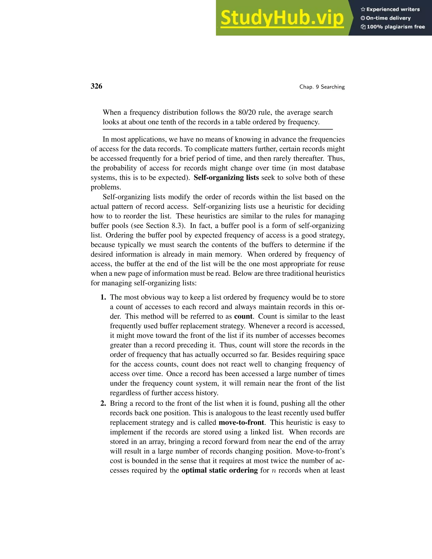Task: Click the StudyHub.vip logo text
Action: coord(282,18)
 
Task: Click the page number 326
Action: coord(96,86)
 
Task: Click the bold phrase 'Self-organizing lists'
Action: coord(226,178)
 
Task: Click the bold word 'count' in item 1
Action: coord(243,316)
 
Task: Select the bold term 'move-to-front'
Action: coord(241,422)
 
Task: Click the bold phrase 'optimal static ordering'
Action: coord(220,470)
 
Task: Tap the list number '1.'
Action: coord(103,297)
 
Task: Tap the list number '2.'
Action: coord(103,403)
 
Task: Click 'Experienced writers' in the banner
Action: coord(393,9)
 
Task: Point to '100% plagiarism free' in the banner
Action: coord(396,27)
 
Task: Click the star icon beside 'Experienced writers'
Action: coord(363,9)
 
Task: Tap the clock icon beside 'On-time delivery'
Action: coord(363,18)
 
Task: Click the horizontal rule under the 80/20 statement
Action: coord(217,130)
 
